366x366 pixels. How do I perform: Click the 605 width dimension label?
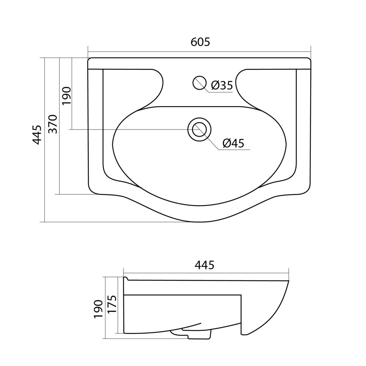(200, 42)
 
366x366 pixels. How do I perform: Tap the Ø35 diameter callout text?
(222, 85)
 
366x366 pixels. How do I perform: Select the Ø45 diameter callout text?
(233, 143)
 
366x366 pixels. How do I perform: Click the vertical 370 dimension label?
(52, 124)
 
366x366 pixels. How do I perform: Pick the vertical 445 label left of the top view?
(37, 135)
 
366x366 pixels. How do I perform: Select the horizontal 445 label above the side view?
(204, 265)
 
